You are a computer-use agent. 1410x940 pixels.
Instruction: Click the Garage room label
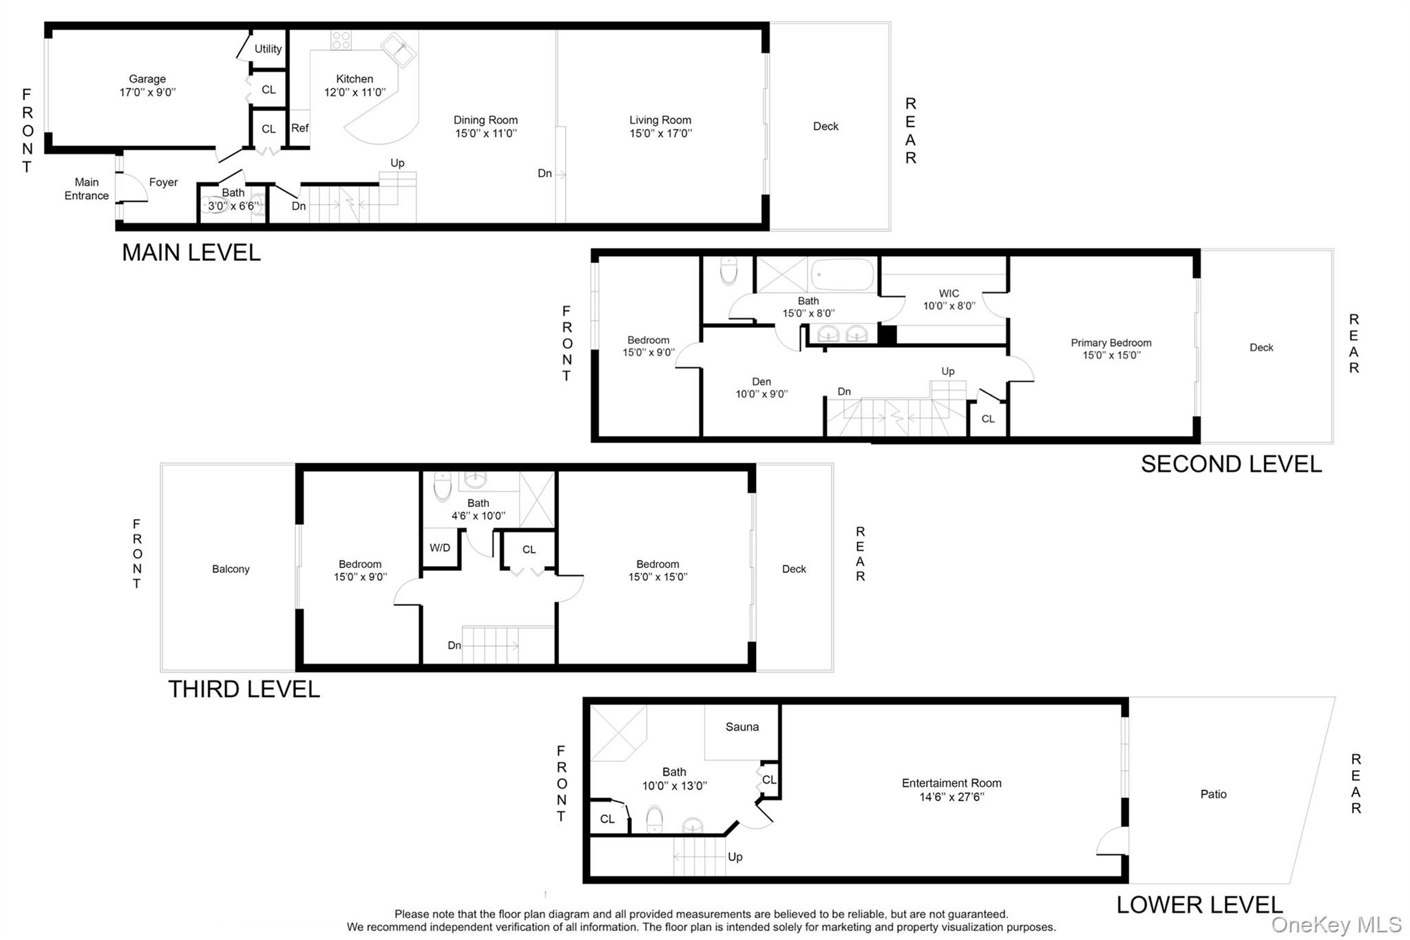(x=147, y=79)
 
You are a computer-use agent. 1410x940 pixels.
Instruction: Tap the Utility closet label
(x=268, y=49)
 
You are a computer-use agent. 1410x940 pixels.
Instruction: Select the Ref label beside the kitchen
(x=299, y=128)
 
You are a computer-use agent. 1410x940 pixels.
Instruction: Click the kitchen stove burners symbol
(x=341, y=40)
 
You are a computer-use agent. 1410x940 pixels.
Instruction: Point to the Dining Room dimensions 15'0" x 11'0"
(x=485, y=134)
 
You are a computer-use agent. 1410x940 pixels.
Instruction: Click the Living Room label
(x=660, y=120)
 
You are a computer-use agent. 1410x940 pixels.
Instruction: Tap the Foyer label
(x=163, y=182)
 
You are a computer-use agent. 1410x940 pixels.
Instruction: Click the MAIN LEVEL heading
(x=191, y=253)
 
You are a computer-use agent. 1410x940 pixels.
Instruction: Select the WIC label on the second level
(x=949, y=293)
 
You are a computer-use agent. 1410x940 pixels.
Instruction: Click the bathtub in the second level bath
(x=843, y=275)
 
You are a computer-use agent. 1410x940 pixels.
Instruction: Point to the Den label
(x=761, y=382)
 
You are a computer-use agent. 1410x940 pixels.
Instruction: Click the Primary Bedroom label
(x=1111, y=343)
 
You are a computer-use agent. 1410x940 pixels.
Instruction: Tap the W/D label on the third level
(x=440, y=548)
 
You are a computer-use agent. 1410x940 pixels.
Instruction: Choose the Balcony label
(x=231, y=569)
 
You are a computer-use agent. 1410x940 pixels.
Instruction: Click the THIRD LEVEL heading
(x=244, y=689)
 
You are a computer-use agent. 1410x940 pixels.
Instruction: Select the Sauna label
(x=742, y=727)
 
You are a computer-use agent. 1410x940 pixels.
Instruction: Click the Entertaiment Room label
(x=951, y=783)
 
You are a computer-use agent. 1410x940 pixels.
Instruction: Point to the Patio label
(x=1213, y=794)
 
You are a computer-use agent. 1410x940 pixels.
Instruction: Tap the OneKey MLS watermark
(x=1336, y=924)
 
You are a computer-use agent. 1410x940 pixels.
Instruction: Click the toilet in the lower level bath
(x=655, y=819)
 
